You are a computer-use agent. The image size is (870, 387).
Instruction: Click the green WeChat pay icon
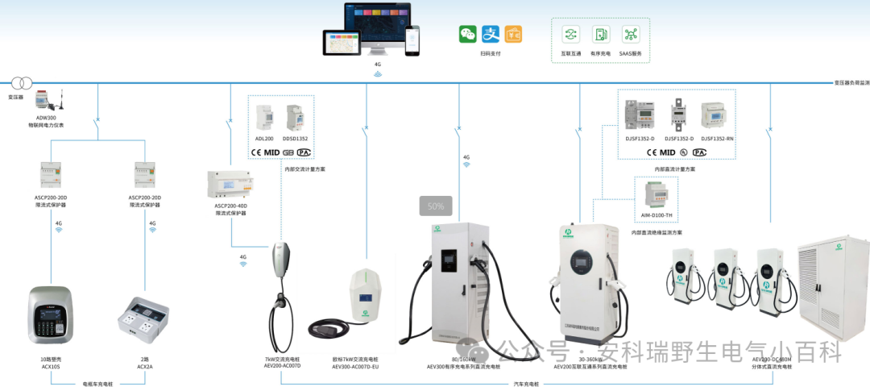pyautogui.click(x=468, y=34)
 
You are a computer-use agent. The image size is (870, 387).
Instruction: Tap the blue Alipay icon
pyautogui.click(x=491, y=34)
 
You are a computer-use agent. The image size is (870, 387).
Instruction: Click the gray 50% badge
pyautogui.click(x=436, y=206)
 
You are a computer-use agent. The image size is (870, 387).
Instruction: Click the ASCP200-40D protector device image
pyautogui.click(x=231, y=185)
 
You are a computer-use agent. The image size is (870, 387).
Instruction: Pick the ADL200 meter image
pyautogui.click(x=265, y=119)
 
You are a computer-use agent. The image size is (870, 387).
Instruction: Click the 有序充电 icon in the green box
pyautogui.click(x=601, y=34)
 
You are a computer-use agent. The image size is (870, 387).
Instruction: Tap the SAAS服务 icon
pyautogui.click(x=630, y=34)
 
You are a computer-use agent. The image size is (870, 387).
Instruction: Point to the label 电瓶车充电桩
pyautogui.click(x=97, y=382)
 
